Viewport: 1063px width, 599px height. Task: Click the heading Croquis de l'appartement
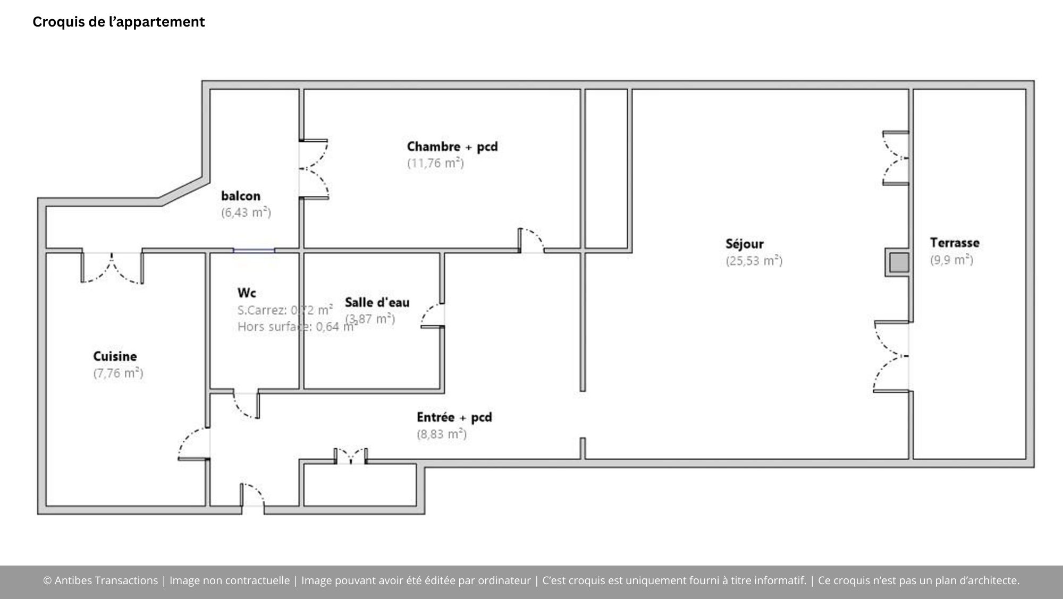[119, 22]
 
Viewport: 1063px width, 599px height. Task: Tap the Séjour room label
[744, 244]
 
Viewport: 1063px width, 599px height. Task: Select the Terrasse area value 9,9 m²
[951, 260]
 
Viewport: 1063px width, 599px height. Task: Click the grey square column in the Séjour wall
[899, 262]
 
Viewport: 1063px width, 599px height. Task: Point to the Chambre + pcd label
[452, 147]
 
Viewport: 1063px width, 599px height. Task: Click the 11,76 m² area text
[435, 163]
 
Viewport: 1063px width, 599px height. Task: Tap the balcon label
[241, 196]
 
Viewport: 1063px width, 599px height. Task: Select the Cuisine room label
[115, 356]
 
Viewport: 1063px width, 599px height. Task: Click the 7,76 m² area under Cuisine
[118, 373]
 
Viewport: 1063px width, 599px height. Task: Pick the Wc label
[247, 293]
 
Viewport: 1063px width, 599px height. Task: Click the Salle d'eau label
[377, 303]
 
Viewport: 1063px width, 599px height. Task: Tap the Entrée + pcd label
[454, 417]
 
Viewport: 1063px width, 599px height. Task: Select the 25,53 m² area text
[754, 261]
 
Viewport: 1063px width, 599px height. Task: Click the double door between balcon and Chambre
[314, 169]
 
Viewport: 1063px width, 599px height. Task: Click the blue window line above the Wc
[254, 250]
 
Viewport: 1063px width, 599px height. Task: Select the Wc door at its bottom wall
[246, 405]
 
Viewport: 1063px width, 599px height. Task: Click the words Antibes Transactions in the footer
[106, 580]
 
